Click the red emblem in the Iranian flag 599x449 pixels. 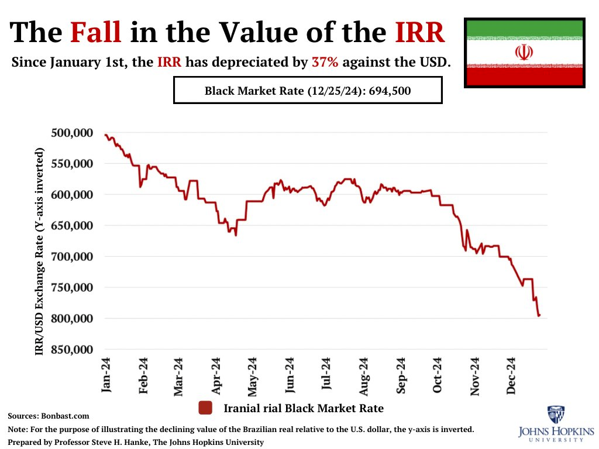point(524,53)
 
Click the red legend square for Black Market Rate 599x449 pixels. point(205,408)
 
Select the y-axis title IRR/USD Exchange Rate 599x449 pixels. point(40,251)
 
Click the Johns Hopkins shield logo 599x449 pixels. point(556,414)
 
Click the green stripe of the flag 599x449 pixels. point(524,28)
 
